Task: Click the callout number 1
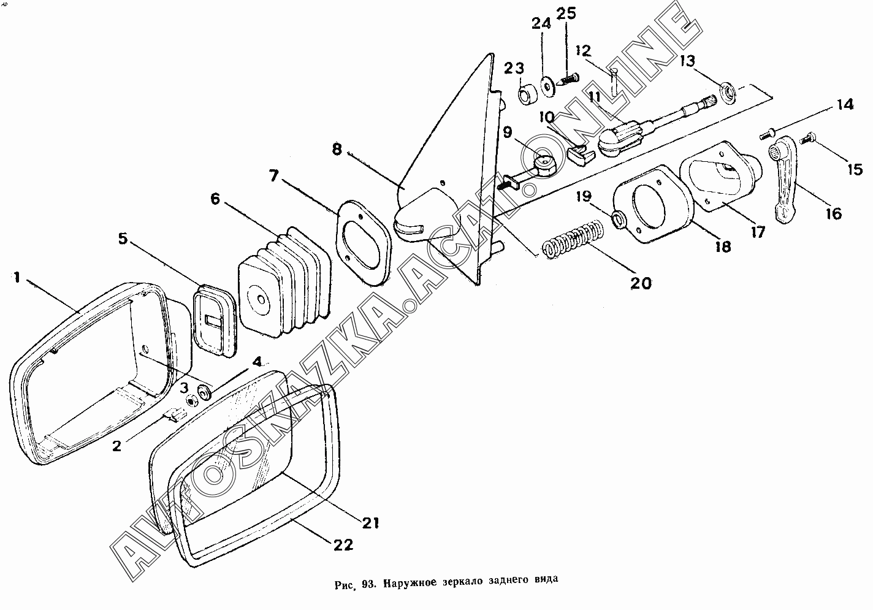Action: click(x=17, y=278)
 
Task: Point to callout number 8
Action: click(x=337, y=150)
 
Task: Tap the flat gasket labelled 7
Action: click(x=362, y=242)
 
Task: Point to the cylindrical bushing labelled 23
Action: click(x=526, y=94)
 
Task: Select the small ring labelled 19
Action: click(x=618, y=219)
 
